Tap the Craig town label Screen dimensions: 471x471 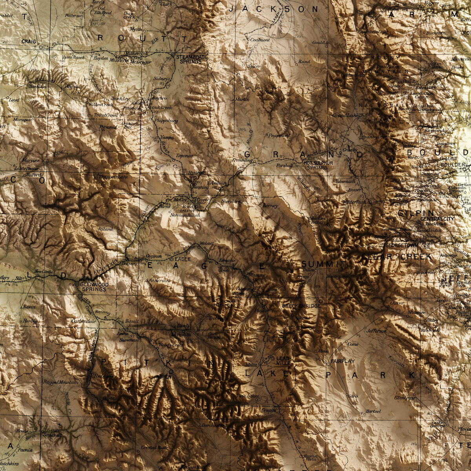tap(29, 41)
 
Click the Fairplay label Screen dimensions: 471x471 tap(343, 361)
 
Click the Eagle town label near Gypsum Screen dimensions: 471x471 tap(183, 259)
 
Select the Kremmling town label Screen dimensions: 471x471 tap(244, 161)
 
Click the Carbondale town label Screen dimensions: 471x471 tap(84, 321)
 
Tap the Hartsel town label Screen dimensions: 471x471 tap(373, 411)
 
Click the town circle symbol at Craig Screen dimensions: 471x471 tap(41, 47)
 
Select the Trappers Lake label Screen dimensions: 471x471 tap(114, 177)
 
